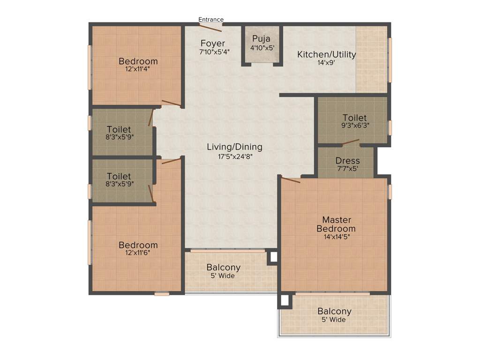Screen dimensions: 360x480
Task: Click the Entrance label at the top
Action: [x=211, y=19]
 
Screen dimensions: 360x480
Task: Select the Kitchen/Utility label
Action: [x=326, y=54]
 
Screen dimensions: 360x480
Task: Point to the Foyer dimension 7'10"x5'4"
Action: [x=214, y=52]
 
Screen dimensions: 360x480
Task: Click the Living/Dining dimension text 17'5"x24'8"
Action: [x=234, y=157]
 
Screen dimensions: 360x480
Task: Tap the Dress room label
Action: [x=347, y=161]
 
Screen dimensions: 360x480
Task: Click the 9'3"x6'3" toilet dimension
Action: [x=354, y=126]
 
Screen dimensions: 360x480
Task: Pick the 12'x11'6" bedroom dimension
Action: [x=138, y=253]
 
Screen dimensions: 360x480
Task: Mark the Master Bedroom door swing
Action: [x=291, y=180]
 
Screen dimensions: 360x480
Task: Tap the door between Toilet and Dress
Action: [x=351, y=142]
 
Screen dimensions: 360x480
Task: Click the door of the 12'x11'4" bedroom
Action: [x=171, y=104]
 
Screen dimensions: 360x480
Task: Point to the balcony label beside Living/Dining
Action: [x=224, y=268]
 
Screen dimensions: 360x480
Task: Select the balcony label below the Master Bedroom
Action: [x=334, y=311]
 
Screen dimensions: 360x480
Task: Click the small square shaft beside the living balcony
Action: [x=273, y=257]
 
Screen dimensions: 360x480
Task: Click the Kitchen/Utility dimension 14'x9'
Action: [x=326, y=63]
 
